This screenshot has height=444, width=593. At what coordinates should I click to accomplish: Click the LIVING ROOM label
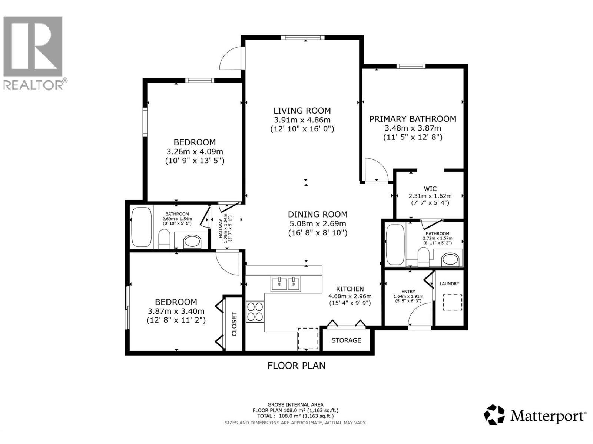[x=302, y=111]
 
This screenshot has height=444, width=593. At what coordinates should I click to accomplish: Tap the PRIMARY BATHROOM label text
[x=413, y=119]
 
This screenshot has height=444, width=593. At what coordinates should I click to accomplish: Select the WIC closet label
[x=430, y=189]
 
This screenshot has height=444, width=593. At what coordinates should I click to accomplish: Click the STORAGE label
[x=346, y=340]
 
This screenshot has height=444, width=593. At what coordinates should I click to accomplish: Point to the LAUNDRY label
[x=449, y=284]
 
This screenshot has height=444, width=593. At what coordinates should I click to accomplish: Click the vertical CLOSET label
[x=234, y=324]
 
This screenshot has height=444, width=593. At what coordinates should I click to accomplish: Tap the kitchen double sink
[x=286, y=284]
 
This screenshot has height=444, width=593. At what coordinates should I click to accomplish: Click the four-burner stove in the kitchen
[x=255, y=312]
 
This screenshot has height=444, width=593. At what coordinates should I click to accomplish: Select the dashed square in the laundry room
[x=453, y=302]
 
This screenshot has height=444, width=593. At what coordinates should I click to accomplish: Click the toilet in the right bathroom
[x=423, y=256]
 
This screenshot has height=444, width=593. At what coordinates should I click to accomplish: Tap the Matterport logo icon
[x=494, y=415]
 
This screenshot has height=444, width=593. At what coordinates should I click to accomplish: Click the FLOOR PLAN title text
[x=296, y=366]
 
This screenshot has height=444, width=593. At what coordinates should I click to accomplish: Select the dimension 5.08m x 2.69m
[x=318, y=223]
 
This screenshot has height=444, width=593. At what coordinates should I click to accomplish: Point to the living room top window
[x=302, y=37]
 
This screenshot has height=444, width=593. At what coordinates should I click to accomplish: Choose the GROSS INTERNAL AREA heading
[x=295, y=405]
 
